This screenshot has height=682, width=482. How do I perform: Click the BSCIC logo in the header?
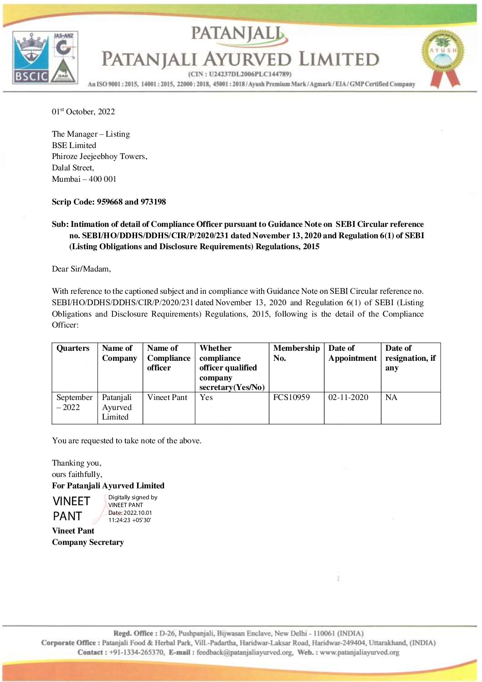click(31, 58)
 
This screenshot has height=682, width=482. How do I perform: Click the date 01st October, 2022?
click(83, 112)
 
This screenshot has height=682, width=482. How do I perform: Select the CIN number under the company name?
click(240, 74)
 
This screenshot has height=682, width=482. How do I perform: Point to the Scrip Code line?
click(109, 202)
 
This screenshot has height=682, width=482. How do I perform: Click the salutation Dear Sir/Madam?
click(82, 269)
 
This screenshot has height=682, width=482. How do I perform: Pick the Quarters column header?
click(73, 348)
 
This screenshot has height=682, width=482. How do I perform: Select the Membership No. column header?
click(296, 353)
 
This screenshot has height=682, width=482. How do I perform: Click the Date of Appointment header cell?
click(352, 353)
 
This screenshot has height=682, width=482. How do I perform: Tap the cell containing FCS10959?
click(292, 397)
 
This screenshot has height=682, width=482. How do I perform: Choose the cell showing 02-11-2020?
click(348, 397)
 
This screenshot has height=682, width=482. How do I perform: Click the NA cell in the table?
click(391, 397)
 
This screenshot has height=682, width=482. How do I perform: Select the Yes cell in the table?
click(206, 397)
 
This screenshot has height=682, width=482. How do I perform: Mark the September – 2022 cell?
click(74, 402)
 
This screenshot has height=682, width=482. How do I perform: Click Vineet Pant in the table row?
click(167, 397)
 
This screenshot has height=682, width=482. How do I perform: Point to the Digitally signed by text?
click(133, 497)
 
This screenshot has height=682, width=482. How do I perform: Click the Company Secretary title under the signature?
click(88, 542)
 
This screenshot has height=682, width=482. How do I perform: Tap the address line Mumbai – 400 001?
click(84, 179)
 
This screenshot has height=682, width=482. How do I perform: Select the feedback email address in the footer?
click(245, 652)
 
